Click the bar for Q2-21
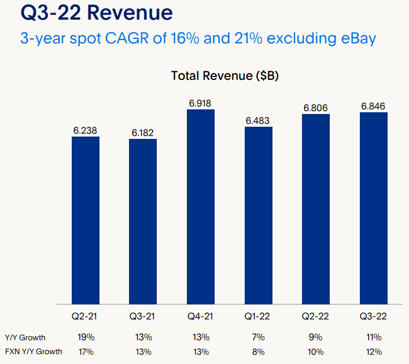pos(86,220)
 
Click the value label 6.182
pos(143,133)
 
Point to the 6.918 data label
pos(201,104)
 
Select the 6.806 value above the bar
pos(316,108)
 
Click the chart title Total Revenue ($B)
pos(225,76)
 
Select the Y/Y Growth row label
pos(25,337)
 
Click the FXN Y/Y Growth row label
pos(33,351)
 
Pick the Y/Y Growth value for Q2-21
pos(86,337)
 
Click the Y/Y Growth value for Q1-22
pos(259,337)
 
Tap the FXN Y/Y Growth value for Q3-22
pos(374,351)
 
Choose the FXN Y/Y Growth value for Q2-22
pos(316,351)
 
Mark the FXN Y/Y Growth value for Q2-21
pos(86,351)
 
